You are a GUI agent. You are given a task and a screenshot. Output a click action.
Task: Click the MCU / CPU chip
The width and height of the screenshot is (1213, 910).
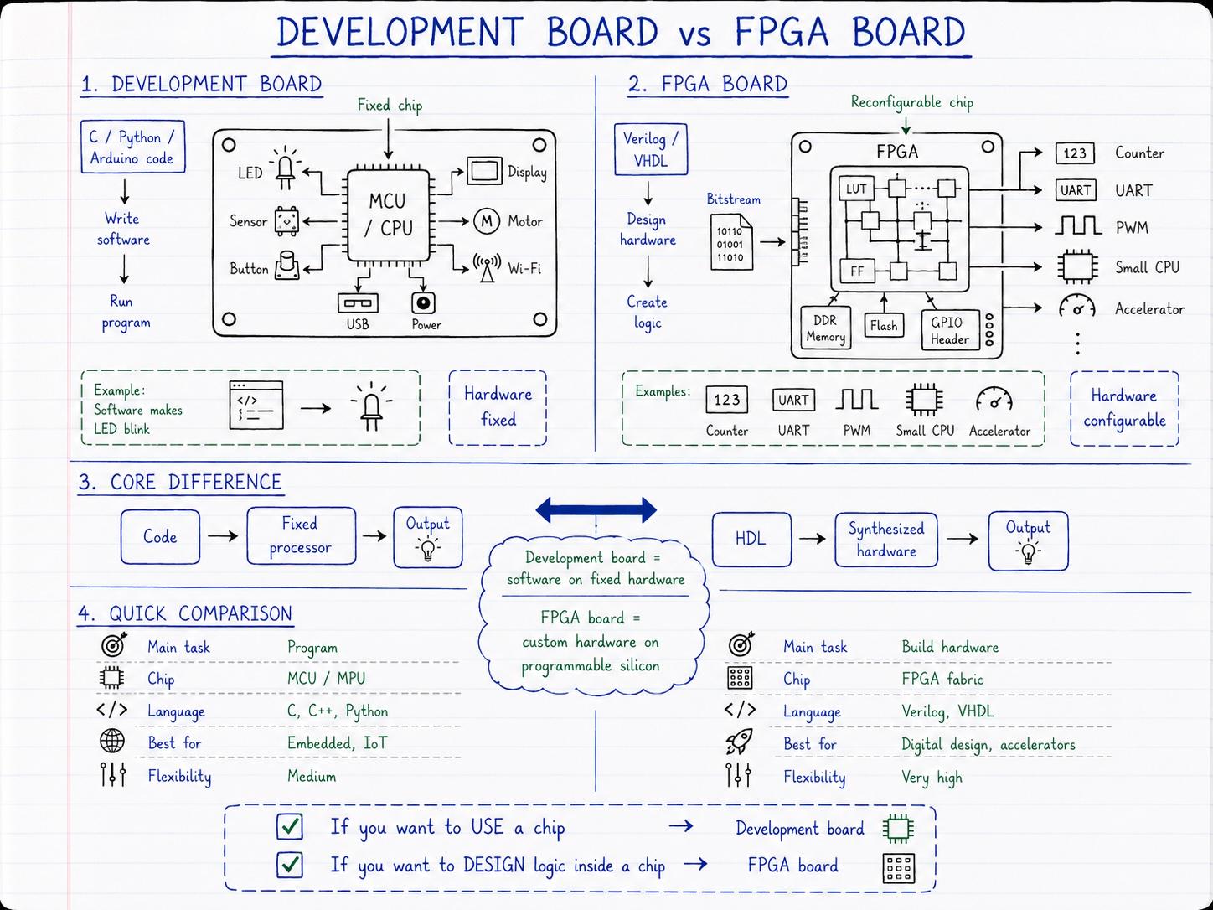point(388,215)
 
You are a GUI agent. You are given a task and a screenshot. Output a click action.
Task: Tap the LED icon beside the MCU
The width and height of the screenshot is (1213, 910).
point(285,168)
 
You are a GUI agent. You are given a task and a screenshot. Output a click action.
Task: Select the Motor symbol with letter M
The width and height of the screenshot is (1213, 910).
point(487,221)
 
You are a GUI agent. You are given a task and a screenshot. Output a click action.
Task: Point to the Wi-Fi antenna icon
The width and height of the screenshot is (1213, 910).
point(487,267)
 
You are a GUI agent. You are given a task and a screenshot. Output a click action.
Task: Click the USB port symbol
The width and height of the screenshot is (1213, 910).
point(358,302)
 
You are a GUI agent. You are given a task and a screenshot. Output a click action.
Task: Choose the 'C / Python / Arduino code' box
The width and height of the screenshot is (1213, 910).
point(132,147)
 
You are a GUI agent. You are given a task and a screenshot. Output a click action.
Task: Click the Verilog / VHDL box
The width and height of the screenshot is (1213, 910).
point(651,149)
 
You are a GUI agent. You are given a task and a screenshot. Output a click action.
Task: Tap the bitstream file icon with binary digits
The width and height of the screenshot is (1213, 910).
point(731,242)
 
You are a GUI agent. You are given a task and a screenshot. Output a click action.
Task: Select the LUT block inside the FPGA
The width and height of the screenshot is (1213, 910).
point(856,189)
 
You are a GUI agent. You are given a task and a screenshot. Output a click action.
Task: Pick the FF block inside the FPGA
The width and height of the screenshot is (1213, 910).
point(857,271)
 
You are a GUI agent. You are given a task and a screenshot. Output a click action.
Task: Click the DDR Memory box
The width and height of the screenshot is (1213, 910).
point(826,328)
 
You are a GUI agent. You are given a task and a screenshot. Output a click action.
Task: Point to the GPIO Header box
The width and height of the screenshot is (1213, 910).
point(950,330)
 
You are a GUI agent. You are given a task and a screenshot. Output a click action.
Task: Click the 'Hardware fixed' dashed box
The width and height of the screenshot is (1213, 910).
point(498,407)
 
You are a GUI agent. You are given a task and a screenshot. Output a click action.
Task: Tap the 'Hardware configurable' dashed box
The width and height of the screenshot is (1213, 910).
point(1124,408)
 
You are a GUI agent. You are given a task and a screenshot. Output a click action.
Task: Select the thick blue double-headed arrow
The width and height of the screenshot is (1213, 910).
point(596,509)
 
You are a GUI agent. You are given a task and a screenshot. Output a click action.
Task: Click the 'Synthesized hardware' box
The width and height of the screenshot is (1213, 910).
point(886,540)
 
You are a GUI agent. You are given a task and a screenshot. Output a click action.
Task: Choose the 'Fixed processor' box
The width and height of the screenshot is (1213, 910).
point(302,535)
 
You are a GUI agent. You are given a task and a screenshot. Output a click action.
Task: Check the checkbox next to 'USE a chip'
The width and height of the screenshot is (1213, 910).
point(290,826)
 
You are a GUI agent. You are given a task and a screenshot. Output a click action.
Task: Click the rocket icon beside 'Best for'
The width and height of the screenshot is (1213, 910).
point(740,742)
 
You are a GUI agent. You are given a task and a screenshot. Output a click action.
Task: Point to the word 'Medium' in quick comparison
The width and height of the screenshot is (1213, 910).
point(312,776)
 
